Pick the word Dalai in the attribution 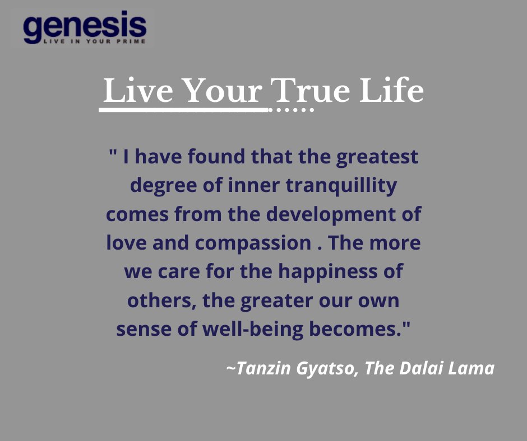point(423,369)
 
